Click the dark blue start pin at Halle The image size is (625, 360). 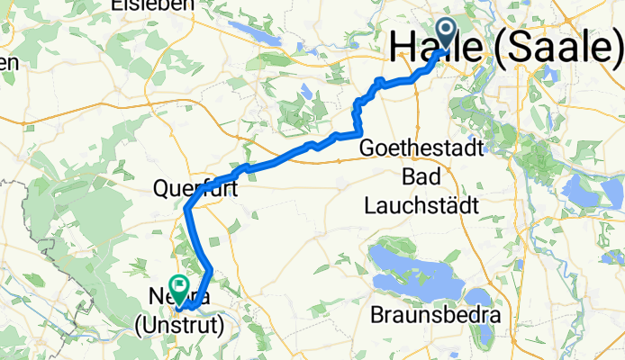448,33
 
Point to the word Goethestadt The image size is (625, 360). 422,148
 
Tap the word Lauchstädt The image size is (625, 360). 421,204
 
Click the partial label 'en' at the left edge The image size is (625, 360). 9,62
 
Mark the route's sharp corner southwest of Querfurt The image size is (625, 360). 187,209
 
